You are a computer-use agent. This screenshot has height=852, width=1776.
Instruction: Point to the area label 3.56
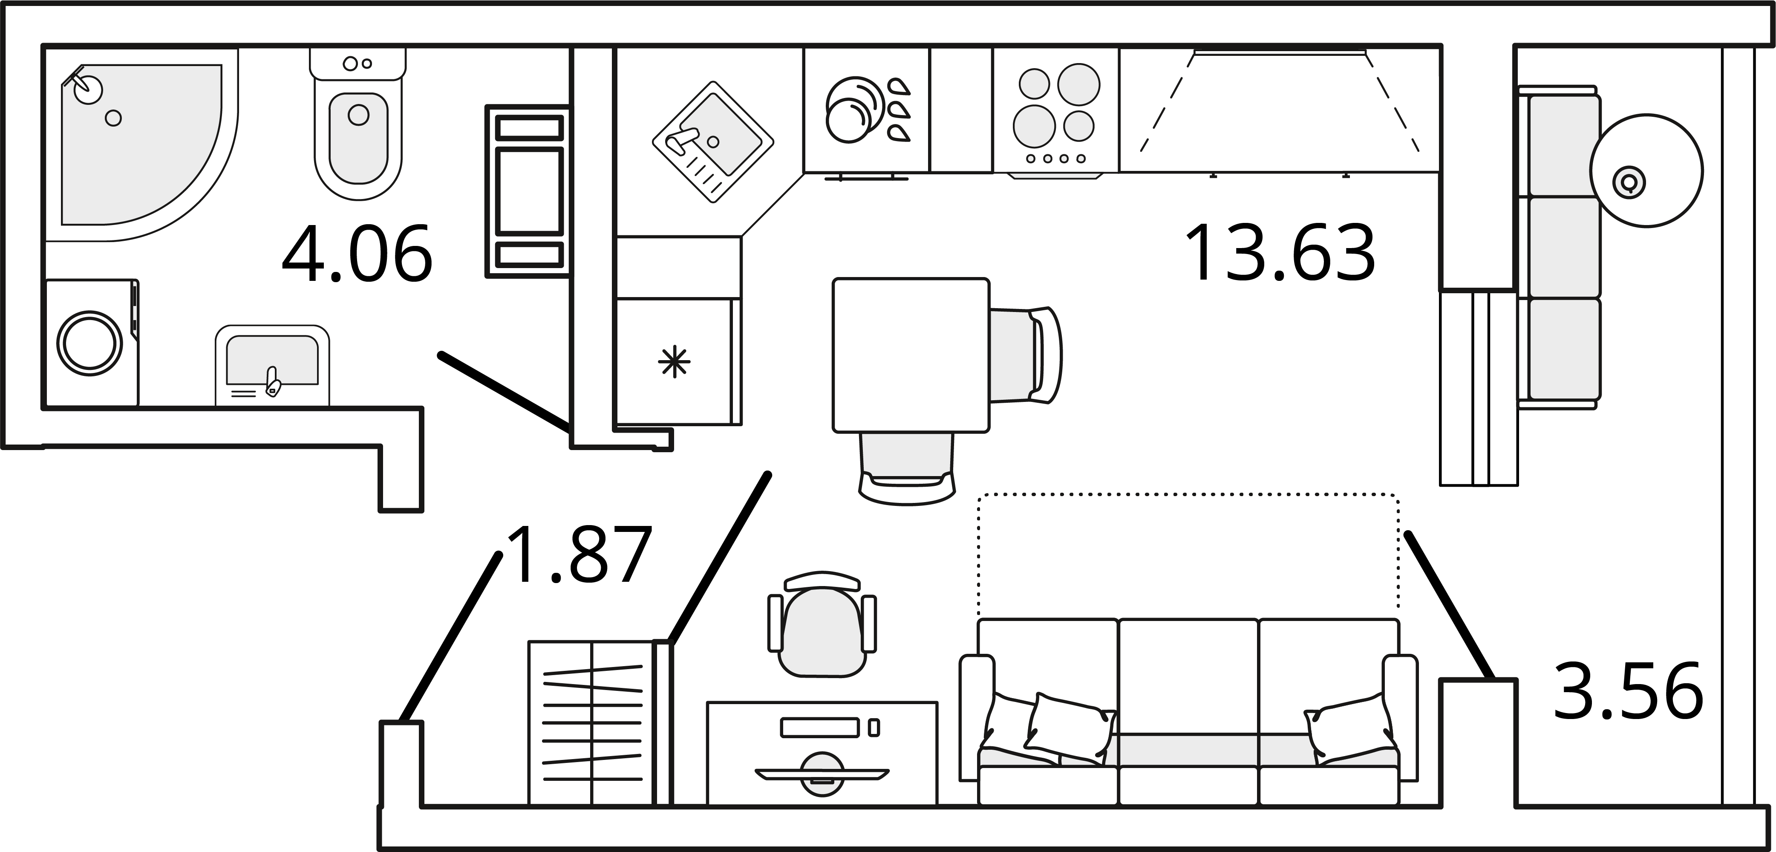coord(1628,691)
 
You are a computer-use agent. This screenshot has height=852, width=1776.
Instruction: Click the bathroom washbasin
coord(272,366)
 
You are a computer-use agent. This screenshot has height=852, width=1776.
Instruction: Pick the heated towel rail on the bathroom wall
coord(528,191)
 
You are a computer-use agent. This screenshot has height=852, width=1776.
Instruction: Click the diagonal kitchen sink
coord(713,142)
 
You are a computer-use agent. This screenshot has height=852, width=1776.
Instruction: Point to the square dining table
coord(911,355)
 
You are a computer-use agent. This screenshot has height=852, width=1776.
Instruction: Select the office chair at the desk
coord(822,624)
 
